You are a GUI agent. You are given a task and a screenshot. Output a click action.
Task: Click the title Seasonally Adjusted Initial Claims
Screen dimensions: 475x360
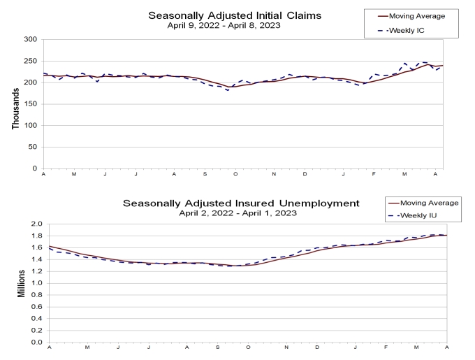[235, 15]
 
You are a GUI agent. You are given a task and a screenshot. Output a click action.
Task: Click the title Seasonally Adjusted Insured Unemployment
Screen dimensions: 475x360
[241, 203]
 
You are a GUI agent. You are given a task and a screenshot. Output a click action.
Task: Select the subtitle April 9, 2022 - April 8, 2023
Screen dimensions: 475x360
[224, 25]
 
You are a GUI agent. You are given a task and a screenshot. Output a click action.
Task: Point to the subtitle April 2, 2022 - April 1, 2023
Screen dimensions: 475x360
[237, 213]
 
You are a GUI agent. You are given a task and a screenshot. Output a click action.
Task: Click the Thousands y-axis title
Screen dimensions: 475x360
[16, 108]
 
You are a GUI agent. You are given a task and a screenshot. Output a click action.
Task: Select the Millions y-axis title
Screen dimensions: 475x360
[21, 283]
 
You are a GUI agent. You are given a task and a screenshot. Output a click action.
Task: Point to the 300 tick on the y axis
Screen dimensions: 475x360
[31, 39]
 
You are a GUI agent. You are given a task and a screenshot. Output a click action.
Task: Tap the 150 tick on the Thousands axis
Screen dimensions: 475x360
[31, 104]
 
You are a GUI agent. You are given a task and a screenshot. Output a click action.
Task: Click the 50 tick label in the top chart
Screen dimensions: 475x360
[33, 147]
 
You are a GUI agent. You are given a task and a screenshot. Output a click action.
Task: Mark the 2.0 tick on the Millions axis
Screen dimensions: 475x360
[36, 224]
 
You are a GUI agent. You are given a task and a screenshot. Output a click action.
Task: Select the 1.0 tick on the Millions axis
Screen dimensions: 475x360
[36, 283]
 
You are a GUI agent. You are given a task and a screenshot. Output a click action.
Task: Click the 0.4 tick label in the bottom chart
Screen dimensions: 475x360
[36, 319]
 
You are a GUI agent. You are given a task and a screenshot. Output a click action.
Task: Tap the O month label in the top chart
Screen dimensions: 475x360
[235, 174]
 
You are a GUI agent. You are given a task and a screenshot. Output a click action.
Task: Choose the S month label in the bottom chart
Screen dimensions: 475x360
[217, 347]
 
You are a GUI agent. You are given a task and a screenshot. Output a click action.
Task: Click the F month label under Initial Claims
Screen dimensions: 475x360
[374, 174]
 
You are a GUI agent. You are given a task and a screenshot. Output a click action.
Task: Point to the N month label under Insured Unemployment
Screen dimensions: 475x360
[286, 347]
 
